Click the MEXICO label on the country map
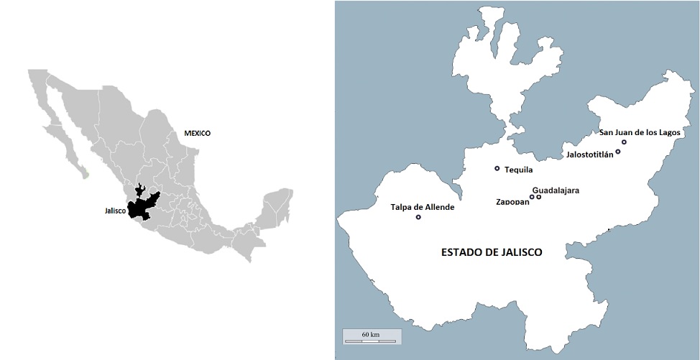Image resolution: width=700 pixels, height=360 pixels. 198,134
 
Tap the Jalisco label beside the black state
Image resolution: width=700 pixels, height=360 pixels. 116,211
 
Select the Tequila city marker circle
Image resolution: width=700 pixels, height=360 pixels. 497,169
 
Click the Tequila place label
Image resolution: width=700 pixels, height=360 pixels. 518,170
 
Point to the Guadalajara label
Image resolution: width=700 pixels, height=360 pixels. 556,190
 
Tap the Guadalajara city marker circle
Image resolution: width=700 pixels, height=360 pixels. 539,197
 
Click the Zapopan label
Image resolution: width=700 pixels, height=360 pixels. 512,202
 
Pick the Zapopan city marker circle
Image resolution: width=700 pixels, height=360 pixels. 532,197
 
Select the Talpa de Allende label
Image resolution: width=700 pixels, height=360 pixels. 423,207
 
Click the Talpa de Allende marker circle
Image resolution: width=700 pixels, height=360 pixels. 418,217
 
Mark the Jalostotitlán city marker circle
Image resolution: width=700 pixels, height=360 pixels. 618,152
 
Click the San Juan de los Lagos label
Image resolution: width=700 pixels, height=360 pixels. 639,132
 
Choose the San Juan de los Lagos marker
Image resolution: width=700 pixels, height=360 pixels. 624,142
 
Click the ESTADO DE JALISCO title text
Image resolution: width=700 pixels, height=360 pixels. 491,252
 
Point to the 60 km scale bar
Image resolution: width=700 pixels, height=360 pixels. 370,338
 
